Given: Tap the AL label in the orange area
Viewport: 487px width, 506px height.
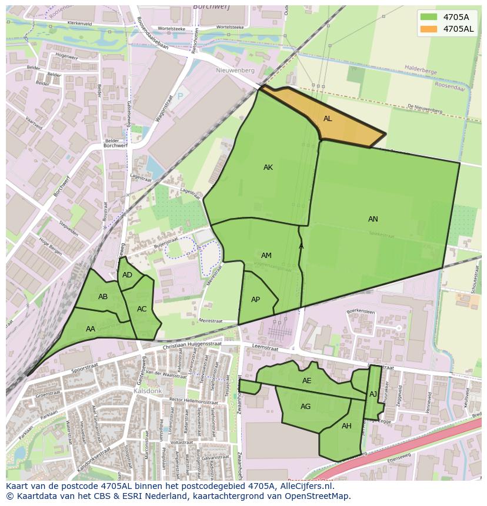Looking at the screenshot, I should point(328,119).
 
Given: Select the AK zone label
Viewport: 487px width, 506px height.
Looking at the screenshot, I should point(268,167).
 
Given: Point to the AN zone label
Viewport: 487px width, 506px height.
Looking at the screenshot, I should point(373,219).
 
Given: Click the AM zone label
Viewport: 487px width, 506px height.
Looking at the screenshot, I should point(266,256).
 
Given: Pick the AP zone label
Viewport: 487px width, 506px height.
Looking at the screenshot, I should point(255,300).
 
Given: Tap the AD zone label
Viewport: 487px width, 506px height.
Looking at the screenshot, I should point(127,275).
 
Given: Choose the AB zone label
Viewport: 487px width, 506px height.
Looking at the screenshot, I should point(103,297).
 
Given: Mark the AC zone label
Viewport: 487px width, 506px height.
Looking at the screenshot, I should point(142,309).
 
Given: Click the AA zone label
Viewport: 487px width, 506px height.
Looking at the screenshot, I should point(91,329).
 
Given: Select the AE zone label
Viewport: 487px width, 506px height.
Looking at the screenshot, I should point(306,381).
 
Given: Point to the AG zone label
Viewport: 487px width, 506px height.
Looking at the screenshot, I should point(305,407).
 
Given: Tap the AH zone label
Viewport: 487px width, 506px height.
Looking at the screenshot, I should point(346,426).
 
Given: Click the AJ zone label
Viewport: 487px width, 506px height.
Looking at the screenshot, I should point(373,394).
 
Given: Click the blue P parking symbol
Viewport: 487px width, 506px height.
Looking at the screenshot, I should point(180,96).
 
